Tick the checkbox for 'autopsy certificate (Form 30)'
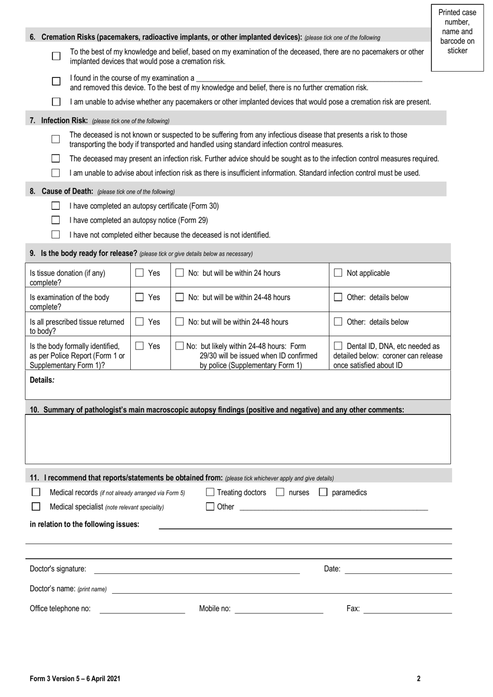56,206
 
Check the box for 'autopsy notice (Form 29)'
56,220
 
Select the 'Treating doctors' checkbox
210,492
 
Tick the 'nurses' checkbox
280,492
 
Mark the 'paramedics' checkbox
323,492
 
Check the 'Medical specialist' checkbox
36,506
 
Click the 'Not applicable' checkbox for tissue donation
338,273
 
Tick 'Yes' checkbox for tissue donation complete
140,273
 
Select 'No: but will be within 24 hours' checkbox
180,273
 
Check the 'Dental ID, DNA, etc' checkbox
338,346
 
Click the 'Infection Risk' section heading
64,120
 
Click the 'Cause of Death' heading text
67,191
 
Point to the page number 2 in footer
418,678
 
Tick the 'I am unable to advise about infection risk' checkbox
56,173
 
